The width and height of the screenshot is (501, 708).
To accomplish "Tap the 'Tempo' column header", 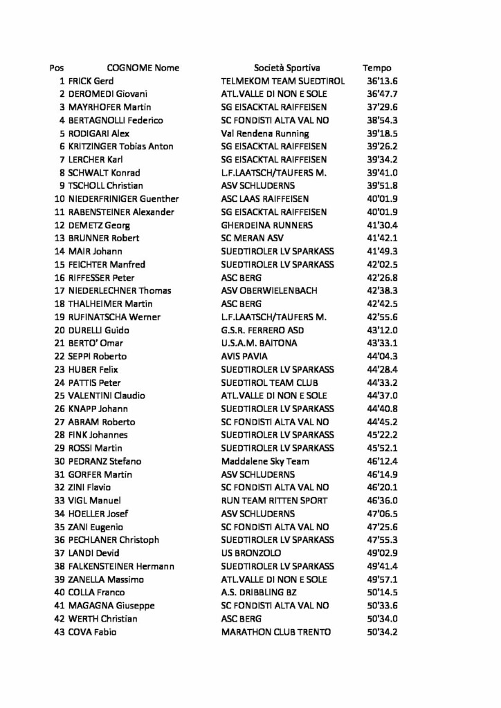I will point(376,68).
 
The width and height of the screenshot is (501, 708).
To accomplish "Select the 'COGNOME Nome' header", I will point(143,68).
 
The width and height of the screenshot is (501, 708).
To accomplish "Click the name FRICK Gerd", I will point(91,81).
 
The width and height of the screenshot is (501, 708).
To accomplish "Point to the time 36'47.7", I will point(383,94).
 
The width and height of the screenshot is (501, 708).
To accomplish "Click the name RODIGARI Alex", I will point(99,133).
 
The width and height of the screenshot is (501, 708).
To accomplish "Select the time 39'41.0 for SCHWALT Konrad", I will point(383,173).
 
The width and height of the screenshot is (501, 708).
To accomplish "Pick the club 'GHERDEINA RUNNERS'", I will point(266,225).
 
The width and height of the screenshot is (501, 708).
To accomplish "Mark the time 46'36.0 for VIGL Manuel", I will point(383,501).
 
